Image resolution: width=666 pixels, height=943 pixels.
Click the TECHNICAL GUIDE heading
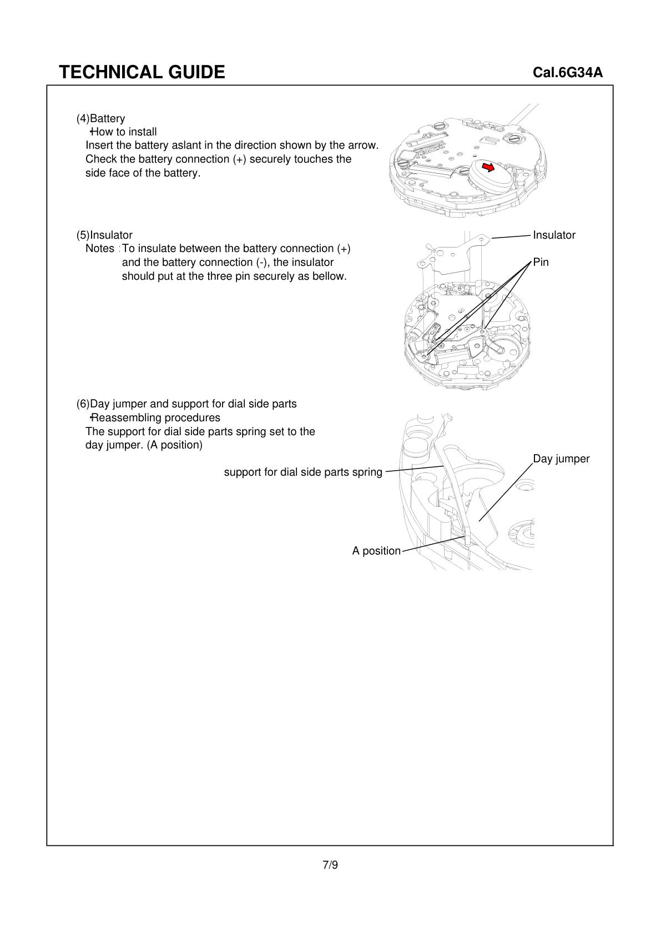(x=142, y=72)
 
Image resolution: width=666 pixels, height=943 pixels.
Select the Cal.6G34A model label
(x=567, y=73)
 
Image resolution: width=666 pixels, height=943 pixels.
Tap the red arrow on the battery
(x=488, y=167)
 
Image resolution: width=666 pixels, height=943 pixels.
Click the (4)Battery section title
(x=101, y=118)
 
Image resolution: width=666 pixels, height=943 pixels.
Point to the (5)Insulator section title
(x=104, y=235)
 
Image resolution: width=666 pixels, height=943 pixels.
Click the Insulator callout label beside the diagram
(x=554, y=235)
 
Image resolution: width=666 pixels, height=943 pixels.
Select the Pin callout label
(x=541, y=262)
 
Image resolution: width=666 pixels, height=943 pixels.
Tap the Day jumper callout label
(x=561, y=458)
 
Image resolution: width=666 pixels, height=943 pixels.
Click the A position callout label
(x=376, y=551)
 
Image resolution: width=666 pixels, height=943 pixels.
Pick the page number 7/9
(x=330, y=864)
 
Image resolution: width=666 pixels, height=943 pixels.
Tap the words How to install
(x=124, y=132)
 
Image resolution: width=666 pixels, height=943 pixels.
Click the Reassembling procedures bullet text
(x=155, y=417)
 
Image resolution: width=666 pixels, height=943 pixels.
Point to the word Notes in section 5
(x=99, y=248)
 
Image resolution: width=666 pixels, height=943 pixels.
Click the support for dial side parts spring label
(x=303, y=472)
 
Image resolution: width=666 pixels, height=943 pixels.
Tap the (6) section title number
(x=83, y=404)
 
